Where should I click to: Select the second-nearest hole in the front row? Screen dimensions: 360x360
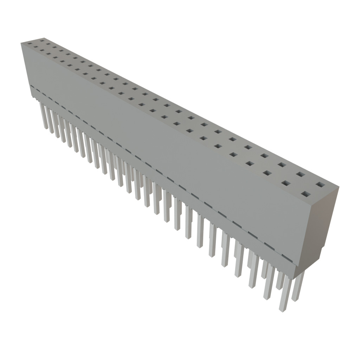pyautogui.click(x=286, y=183)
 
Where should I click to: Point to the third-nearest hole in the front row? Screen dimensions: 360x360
pyautogui.click(x=268, y=173)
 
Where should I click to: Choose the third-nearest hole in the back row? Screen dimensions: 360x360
pyautogui.click(x=282, y=164)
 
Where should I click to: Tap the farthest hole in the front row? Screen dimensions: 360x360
pyautogui.click(x=30, y=44)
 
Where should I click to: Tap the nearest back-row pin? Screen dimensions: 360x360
pyautogui.click(x=298, y=287)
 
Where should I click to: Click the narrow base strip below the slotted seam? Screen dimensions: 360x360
pyautogui.click(x=176, y=197)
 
